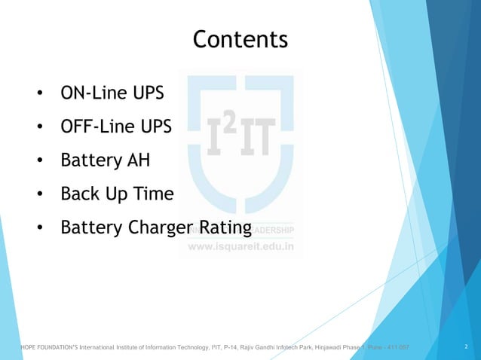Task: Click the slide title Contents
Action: pos(240,39)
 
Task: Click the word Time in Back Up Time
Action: pos(155,194)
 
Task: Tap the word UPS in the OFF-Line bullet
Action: pos(156,127)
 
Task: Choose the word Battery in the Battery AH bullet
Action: pos(87,160)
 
